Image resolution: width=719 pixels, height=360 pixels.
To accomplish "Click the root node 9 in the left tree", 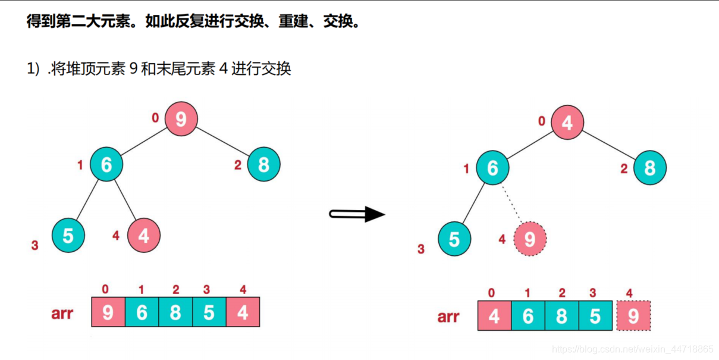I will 181,119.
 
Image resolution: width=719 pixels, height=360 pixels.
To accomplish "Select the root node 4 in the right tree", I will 567,123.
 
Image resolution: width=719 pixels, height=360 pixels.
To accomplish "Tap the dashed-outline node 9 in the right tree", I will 529,239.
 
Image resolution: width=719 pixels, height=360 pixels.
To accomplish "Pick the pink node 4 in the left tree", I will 143,236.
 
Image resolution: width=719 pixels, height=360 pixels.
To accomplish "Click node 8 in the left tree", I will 263,164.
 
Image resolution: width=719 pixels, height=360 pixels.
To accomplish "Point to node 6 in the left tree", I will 106,164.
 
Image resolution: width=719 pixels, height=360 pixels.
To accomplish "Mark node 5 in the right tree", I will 454,239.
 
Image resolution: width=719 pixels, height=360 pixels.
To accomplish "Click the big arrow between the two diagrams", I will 357,214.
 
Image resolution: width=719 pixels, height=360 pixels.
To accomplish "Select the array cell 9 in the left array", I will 108,312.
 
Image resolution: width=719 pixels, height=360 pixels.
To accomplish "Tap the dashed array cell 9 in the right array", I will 633,316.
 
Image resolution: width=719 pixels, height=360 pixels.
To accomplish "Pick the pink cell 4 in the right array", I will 494,316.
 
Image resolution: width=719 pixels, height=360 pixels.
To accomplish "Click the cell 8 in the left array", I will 175,312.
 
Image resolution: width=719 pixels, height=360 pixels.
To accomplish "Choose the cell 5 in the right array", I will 595,316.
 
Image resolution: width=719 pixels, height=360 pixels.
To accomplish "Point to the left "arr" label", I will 62,313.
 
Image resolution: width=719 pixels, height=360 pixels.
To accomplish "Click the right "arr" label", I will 448,317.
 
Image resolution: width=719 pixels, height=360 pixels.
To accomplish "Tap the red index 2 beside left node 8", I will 237,165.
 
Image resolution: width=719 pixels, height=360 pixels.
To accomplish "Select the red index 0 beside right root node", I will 541,121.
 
